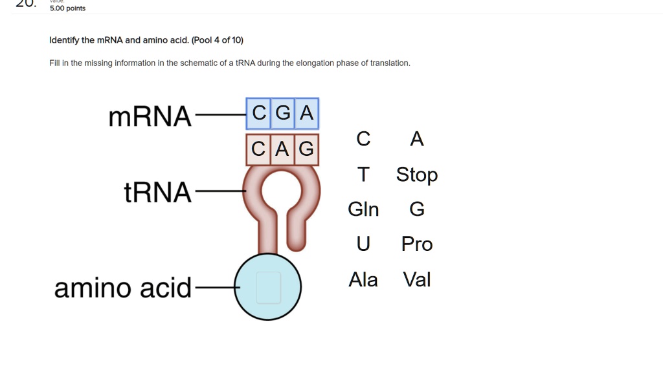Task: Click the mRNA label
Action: point(150,117)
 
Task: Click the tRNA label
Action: point(158,192)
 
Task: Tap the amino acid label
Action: point(123,288)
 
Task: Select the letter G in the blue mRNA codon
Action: point(283,114)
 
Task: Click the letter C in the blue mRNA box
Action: point(259,114)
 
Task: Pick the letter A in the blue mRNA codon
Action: point(307,114)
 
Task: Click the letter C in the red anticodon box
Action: point(258,150)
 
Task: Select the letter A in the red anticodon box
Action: point(282,150)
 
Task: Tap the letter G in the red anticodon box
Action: point(306,150)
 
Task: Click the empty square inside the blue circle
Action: point(268,288)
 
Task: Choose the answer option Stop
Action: point(417,175)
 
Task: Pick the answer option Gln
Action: point(363,210)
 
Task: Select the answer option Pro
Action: point(417,244)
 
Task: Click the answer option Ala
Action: point(363,279)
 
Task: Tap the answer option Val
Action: point(417,279)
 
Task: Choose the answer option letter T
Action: point(364,175)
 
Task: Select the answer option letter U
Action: point(363,244)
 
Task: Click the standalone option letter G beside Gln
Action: point(417,210)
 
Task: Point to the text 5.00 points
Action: point(67,8)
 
